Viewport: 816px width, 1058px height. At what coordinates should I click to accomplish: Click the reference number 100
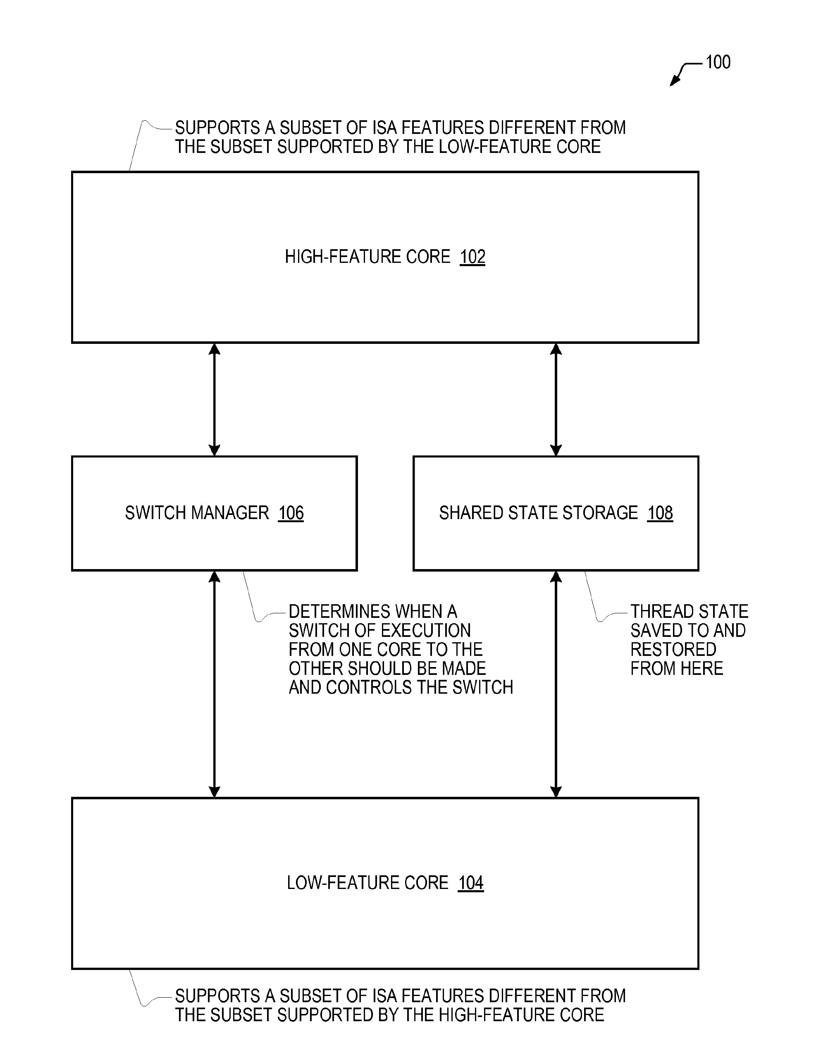tap(718, 62)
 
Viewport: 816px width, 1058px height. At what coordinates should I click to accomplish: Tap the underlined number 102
tap(472, 257)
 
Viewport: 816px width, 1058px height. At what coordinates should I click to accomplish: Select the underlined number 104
tap(471, 883)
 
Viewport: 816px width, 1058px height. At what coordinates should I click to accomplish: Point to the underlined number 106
tap(291, 512)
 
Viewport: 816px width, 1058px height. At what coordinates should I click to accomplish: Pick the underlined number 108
tap(660, 512)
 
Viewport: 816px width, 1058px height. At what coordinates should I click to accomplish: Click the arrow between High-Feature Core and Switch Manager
tap(214, 400)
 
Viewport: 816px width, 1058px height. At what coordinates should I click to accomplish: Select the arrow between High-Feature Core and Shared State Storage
tap(556, 400)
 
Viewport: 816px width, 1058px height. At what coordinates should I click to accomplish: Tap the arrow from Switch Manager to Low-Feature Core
tap(214, 684)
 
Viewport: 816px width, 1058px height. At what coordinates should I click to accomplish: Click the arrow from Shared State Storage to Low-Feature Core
tap(556, 684)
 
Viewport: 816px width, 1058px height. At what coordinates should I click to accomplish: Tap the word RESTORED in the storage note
tap(673, 649)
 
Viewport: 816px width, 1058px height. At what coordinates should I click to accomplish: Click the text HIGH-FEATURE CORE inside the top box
tap(367, 257)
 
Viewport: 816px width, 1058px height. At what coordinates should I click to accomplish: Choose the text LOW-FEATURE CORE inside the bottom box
tap(367, 883)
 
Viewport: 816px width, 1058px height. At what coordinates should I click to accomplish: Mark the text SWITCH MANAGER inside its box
tap(197, 512)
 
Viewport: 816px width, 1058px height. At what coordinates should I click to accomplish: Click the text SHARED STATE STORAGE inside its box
tap(538, 512)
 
